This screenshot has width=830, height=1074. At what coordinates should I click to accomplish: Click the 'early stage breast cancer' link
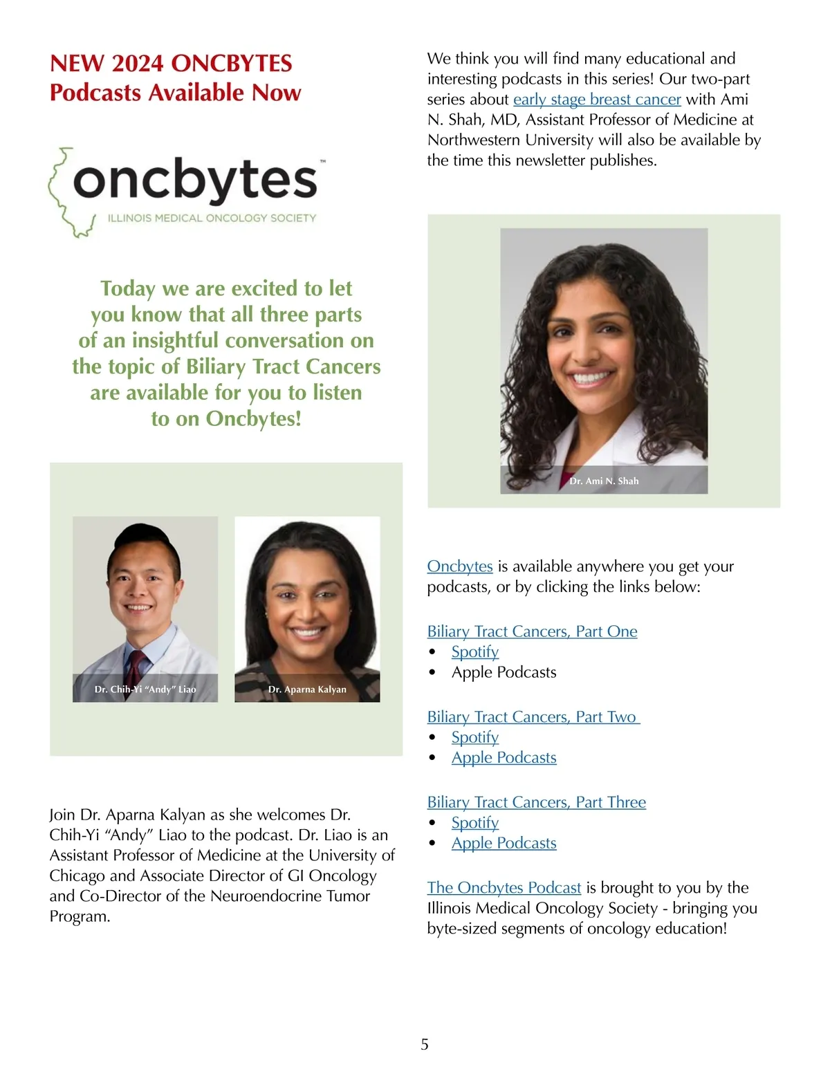597,100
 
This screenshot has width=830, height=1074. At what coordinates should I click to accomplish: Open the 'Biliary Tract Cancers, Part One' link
532,631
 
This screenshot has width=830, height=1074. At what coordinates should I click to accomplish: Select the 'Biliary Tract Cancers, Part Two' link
532,717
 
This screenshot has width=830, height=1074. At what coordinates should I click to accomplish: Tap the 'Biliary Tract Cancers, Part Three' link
536,802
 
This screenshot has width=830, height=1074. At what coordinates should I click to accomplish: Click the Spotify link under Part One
474,652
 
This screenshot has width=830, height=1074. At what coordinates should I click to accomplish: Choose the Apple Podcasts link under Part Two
504,758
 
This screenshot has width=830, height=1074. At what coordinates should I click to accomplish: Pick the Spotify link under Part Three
474,823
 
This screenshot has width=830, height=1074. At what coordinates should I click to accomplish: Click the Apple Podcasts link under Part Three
504,844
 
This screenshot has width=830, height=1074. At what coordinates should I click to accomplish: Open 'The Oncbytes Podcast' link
504,888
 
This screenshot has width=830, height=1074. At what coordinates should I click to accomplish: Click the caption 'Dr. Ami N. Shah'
604,481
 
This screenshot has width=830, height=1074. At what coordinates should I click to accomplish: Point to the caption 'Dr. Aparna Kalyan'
307,689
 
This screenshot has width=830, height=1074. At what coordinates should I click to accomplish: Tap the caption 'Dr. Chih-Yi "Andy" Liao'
145,689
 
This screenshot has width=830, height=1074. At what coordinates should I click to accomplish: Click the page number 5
425,1044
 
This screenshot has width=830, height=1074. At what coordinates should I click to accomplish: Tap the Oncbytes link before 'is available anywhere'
459,566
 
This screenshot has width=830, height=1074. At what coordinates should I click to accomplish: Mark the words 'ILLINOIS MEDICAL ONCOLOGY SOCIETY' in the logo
212,219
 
